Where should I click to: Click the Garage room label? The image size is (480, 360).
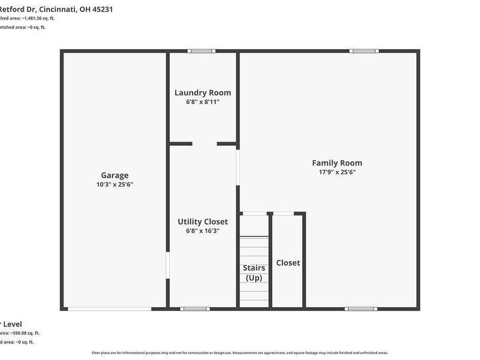point(115,175)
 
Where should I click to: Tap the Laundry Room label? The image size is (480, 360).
point(203,92)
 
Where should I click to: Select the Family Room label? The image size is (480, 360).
point(337,163)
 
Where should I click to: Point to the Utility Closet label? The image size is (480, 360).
point(203,221)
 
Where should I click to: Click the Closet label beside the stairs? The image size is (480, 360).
point(288,263)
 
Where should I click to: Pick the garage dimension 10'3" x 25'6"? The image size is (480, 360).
point(115,184)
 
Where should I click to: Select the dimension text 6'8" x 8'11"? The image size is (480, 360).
point(203,102)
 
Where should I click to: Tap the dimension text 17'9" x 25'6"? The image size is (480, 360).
point(337,172)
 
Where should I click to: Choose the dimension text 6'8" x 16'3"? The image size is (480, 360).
point(203,230)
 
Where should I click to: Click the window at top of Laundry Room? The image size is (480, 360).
point(202,51)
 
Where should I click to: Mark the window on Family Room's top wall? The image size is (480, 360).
point(365,51)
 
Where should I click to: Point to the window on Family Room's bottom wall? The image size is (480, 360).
point(361,309)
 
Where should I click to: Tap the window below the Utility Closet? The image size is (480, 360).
point(195,309)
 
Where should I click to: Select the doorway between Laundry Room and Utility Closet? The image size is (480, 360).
point(205,144)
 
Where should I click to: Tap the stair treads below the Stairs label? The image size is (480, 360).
point(254,294)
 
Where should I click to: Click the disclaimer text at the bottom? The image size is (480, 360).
point(240,353)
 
